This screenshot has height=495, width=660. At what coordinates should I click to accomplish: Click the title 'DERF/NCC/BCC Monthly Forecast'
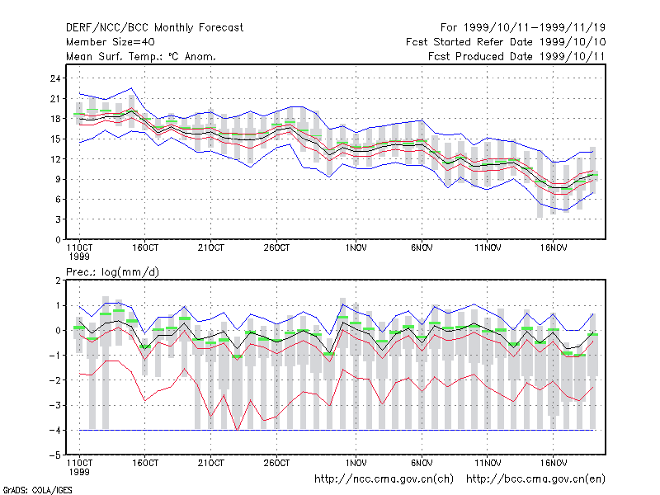pyautogui.click(x=154, y=28)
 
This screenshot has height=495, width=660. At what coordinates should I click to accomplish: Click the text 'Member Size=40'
pyautogui.click(x=111, y=42)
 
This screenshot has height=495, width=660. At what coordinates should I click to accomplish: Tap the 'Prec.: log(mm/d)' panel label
pyautogui.click(x=112, y=272)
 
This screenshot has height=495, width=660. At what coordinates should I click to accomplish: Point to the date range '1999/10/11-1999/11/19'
pyautogui.click(x=535, y=28)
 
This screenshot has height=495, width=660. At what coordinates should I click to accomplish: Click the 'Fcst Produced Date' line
pyautogui.click(x=516, y=56)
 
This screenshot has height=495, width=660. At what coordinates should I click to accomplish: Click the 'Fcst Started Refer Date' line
pyautogui.click(x=506, y=42)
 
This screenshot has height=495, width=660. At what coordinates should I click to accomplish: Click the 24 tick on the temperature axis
pyautogui.click(x=55, y=78)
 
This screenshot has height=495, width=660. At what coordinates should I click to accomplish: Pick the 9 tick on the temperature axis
pyautogui.click(x=58, y=179)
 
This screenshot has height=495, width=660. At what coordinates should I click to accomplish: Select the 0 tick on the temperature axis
pyautogui.click(x=58, y=239)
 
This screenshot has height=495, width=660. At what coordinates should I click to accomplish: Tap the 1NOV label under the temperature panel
pyautogui.click(x=356, y=248)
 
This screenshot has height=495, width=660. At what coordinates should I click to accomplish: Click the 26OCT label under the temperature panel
pyautogui.click(x=276, y=248)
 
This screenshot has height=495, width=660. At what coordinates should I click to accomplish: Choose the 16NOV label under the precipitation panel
pyautogui.click(x=554, y=463)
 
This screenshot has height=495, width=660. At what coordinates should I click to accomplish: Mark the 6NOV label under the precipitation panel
pyautogui.click(x=422, y=463)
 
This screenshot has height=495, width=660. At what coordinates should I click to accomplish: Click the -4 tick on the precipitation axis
pyautogui.click(x=54, y=430)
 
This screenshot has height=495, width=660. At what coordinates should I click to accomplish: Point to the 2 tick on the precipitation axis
pyautogui.click(x=58, y=280)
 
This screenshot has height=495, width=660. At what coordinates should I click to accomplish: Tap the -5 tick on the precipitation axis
pyautogui.click(x=54, y=455)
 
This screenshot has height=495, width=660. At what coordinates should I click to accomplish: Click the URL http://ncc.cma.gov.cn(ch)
pyautogui.click(x=384, y=479)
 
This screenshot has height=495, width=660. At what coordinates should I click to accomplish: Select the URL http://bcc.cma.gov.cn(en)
pyautogui.click(x=535, y=479)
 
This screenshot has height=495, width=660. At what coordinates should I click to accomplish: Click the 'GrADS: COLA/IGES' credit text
pyautogui.click(x=37, y=490)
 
